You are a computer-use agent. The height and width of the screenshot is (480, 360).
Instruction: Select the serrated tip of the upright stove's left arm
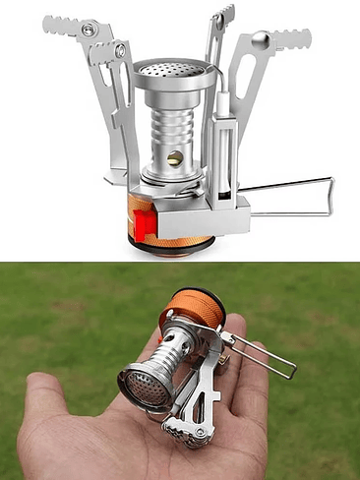[61, 24]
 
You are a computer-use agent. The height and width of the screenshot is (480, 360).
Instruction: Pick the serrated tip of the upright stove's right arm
[293, 39]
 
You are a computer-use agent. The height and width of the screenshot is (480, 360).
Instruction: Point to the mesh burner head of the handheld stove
[140, 386]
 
